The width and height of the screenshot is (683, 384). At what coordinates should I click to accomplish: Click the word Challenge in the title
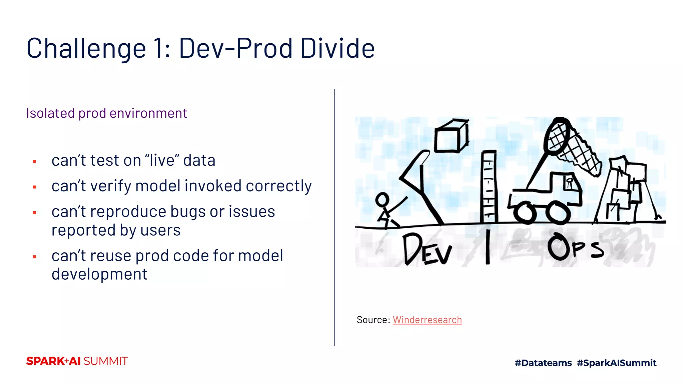click(x=86, y=49)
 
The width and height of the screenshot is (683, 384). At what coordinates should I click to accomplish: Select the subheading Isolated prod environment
click(x=106, y=113)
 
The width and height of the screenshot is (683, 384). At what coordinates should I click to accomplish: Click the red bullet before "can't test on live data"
click(x=34, y=162)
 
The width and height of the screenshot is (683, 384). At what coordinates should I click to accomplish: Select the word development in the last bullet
click(x=99, y=274)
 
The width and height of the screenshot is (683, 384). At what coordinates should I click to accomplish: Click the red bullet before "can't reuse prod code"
click(x=34, y=257)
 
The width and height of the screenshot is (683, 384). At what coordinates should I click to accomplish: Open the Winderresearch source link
click(x=427, y=320)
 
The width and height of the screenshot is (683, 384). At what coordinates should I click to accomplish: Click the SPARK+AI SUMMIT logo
click(x=77, y=361)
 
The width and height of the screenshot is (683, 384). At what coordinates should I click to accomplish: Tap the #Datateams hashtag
click(x=543, y=363)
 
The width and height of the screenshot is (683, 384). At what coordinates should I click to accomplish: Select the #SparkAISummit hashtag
click(x=617, y=363)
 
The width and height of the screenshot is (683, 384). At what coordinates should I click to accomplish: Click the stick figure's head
click(x=382, y=200)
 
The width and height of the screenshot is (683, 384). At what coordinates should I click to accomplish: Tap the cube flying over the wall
click(x=451, y=137)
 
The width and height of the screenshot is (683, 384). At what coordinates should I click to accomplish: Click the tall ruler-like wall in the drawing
click(x=489, y=187)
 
